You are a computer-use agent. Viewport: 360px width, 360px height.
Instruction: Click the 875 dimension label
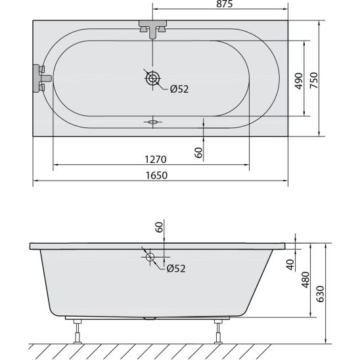[x=224, y=4]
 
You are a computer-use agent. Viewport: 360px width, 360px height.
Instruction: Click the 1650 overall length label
[x=156, y=175]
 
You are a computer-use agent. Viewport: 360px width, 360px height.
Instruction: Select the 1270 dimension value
[x=156, y=160]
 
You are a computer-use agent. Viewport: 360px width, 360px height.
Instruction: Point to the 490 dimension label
[x=299, y=81]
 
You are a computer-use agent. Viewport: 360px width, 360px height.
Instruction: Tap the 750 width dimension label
[x=314, y=80]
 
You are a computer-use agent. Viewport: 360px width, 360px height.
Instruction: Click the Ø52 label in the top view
[x=179, y=89]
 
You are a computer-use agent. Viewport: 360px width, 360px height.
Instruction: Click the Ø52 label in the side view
[x=176, y=269]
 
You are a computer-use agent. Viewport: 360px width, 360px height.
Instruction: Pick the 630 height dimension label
[x=320, y=294]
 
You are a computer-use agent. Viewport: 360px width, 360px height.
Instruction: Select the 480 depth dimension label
[x=305, y=280]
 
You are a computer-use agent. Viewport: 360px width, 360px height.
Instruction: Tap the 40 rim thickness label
[x=290, y=265]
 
